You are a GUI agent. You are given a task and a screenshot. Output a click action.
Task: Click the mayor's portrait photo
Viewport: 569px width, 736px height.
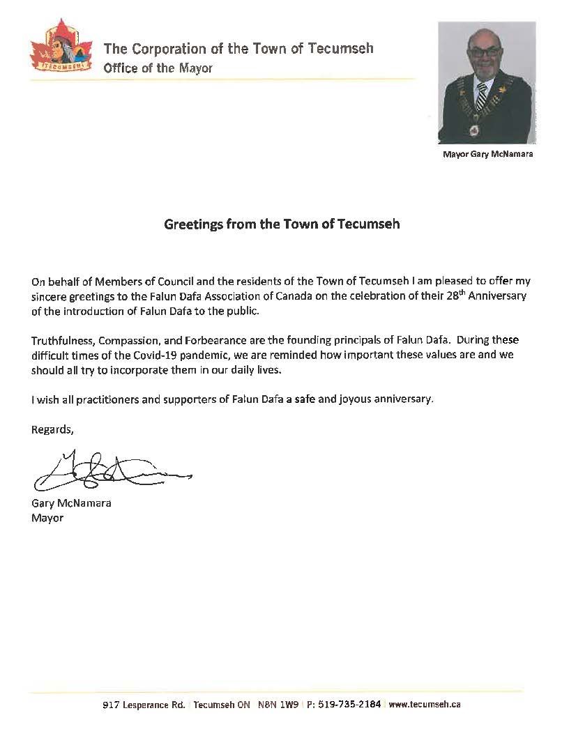486,83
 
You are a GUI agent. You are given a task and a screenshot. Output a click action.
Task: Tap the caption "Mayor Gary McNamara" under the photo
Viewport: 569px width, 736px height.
487,154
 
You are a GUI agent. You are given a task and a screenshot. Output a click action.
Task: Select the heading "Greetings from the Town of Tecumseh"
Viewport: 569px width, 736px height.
282,225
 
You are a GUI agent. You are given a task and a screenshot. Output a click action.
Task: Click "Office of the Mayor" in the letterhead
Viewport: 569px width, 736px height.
158,68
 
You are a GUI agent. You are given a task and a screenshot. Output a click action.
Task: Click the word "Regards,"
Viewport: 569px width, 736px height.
52,429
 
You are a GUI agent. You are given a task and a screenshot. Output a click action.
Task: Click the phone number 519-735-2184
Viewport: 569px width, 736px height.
349,705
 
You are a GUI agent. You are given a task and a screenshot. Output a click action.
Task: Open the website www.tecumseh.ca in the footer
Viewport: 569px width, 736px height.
424,705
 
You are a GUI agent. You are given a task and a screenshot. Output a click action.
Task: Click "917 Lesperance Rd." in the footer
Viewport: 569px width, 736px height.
144,705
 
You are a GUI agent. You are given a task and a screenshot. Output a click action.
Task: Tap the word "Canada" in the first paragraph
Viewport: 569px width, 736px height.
278,296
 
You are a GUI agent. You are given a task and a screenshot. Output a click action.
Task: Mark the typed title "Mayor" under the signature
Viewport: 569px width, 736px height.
47,518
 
